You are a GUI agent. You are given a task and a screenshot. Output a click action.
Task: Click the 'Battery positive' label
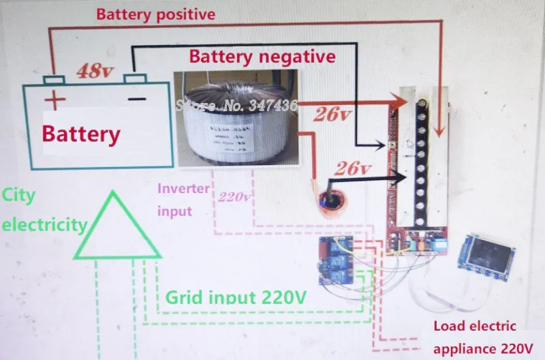point(155,14)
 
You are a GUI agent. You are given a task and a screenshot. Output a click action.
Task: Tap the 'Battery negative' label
point(262,56)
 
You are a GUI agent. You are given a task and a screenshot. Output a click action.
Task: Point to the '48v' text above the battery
point(94,70)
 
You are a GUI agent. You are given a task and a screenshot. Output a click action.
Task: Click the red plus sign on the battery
point(54,100)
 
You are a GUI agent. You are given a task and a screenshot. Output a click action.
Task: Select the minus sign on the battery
point(137,99)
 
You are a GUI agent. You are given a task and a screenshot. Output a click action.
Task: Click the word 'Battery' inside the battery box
point(81,134)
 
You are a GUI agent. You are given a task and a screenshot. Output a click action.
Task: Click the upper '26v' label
point(331,115)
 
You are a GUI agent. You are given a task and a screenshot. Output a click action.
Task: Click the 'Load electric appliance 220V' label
point(483,338)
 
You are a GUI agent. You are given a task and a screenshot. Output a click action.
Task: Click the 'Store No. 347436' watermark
point(236,106)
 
